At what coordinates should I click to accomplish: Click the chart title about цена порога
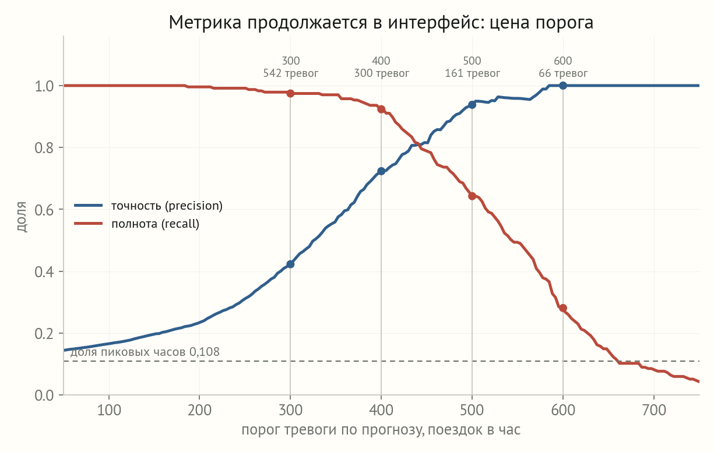(381, 22)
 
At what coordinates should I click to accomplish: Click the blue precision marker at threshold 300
(290, 264)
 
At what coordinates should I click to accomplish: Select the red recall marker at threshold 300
(290, 93)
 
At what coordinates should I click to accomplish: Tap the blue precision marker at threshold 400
(381, 171)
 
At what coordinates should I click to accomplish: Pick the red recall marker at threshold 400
(381, 110)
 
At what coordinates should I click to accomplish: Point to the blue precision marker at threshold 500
(472, 104)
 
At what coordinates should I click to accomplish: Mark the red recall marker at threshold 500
(472, 196)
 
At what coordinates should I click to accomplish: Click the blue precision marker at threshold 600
(563, 86)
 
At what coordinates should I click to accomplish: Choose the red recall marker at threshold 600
(563, 308)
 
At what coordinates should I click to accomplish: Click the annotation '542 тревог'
(290, 73)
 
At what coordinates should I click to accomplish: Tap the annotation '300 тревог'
(381, 73)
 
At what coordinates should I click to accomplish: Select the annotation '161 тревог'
(472, 73)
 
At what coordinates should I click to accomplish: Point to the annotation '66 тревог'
(563, 73)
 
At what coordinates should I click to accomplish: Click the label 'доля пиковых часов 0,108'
(145, 352)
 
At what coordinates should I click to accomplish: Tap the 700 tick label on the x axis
(654, 410)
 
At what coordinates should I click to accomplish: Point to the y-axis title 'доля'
(22, 216)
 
